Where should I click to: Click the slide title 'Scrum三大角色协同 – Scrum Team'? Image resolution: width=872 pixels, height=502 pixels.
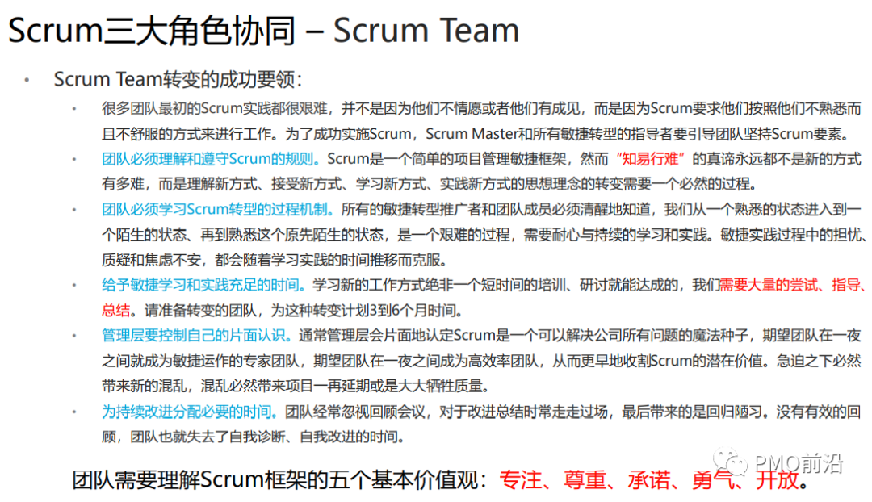(x=263, y=31)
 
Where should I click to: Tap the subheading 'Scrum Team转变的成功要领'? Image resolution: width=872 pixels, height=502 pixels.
(x=177, y=79)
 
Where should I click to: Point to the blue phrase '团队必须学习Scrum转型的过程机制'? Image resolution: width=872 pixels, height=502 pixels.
(x=216, y=210)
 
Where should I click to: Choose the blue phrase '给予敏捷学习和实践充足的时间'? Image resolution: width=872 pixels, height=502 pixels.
(x=203, y=285)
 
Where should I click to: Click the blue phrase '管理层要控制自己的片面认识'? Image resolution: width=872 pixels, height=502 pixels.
(x=198, y=335)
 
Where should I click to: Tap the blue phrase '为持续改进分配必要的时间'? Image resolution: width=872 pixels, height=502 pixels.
(x=189, y=412)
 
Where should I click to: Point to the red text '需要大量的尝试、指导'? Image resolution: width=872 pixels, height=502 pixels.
(x=793, y=285)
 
